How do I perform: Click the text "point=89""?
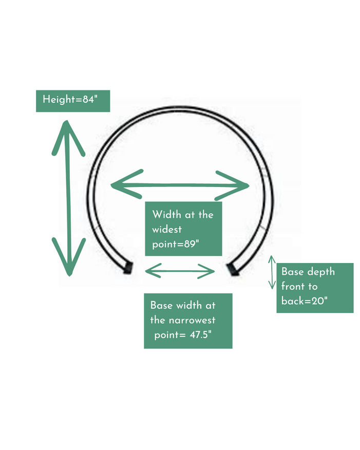point(175,244)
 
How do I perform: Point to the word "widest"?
point(167,229)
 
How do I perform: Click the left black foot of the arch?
point(127,267)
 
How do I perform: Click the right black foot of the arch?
point(234,268)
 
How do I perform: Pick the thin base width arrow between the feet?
point(180,270)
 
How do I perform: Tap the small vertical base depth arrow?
point(273,271)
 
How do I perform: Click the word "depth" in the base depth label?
point(320,271)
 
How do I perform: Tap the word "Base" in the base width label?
point(161,305)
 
